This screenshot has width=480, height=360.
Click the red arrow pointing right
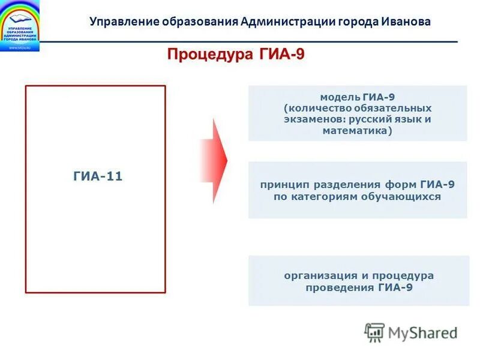coord(214,160)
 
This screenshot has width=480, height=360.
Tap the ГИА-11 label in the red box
coord(98,176)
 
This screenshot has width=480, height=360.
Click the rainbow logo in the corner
coord(20,26)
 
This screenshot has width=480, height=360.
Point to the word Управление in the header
coord(124,22)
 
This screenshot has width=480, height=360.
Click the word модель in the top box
coord(340,97)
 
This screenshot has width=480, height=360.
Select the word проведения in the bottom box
coord(340,287)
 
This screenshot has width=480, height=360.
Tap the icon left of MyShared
coord(374,332)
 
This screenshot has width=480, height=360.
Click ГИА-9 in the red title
coord(282,55)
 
